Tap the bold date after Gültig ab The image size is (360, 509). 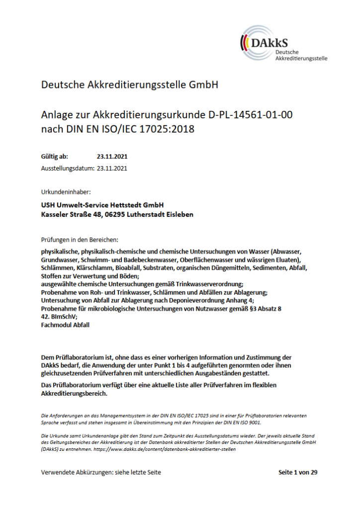[112, 157]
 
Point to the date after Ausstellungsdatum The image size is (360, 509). [112, 169]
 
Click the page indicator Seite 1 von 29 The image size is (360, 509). [297, 473]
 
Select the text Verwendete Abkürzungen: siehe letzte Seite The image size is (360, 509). [101, 473]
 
